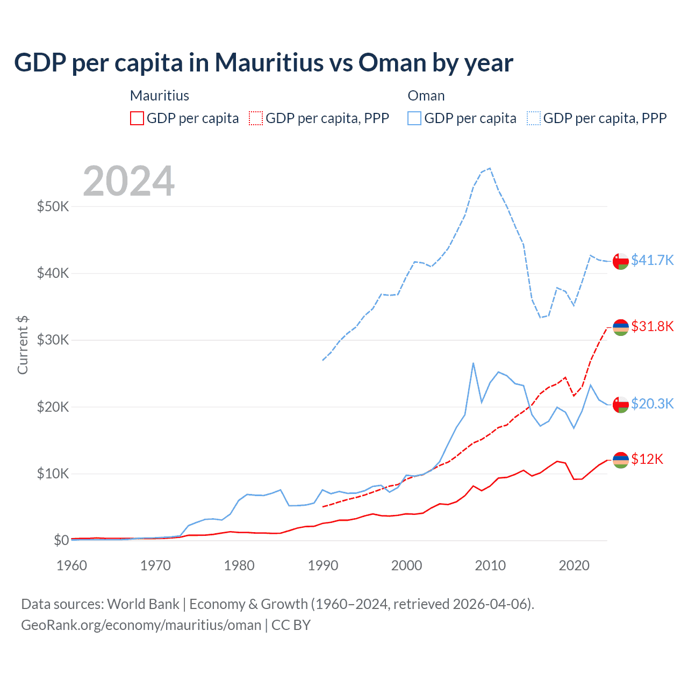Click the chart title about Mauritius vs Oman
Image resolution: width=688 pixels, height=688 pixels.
263,63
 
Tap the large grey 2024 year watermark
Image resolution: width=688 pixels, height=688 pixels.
129,181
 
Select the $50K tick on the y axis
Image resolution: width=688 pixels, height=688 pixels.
53,206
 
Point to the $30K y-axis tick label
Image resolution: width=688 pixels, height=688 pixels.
53,340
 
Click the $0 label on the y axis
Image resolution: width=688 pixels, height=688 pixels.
61,540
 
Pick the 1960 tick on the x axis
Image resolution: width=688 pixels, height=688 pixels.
71,565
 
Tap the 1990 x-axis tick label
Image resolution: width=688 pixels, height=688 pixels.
323,565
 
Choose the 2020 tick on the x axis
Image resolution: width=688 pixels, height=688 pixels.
574,565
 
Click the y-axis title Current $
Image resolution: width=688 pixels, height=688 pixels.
23,345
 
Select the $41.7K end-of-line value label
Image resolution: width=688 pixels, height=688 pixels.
652,260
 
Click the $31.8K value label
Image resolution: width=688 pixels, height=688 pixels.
652,326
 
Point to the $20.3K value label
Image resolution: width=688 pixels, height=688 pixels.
652,404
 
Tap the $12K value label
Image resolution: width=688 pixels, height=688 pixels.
647,459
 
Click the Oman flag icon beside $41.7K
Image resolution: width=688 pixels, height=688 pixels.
621,261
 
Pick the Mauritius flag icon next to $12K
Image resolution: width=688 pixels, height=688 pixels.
621,460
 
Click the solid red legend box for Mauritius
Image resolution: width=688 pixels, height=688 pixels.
137,118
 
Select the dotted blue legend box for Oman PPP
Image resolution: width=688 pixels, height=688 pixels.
534,118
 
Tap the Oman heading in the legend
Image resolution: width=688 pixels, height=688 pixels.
426,96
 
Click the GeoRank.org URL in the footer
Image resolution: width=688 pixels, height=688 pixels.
141,625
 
